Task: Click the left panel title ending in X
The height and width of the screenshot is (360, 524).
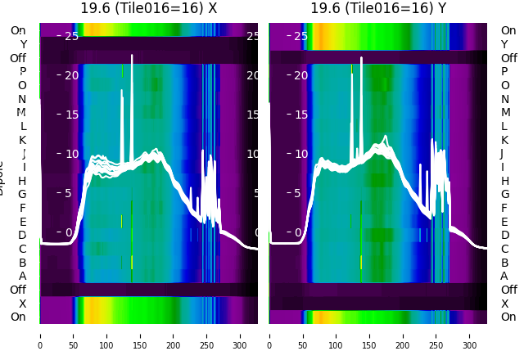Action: coord(149,8)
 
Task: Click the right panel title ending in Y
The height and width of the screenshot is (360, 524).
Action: coord(378,8)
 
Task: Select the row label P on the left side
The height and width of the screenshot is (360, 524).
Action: coord(23,71)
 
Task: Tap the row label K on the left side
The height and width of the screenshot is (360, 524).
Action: coord(23,140)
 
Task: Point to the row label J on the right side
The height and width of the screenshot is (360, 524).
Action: coord(501,153)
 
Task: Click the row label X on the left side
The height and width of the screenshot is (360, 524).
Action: coord(23,304)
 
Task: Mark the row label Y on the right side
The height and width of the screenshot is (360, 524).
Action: coord(504,44)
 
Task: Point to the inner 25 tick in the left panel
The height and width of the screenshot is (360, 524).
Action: coord(70,36)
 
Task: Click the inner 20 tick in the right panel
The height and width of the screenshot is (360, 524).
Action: coord(300,75)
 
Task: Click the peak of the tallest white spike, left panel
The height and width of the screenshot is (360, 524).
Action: coord(132,56)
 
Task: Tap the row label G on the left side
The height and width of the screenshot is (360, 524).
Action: coord(23,194)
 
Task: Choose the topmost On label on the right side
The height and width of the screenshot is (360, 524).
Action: coord(508,30)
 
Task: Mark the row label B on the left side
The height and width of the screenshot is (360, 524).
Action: coord(23,263)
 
